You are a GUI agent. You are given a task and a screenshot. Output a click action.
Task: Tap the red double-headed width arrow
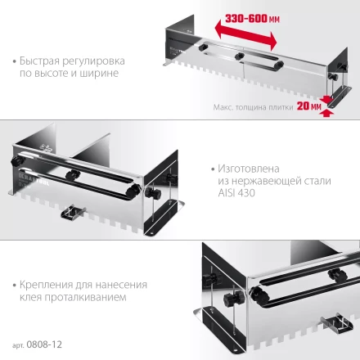pos(246,32)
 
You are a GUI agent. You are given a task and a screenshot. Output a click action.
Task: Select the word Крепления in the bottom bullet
pos(44,284)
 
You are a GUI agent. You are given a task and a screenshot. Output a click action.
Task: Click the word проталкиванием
pos(88,297)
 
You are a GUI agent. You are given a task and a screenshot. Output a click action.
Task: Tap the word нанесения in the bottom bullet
pos(124,284)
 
